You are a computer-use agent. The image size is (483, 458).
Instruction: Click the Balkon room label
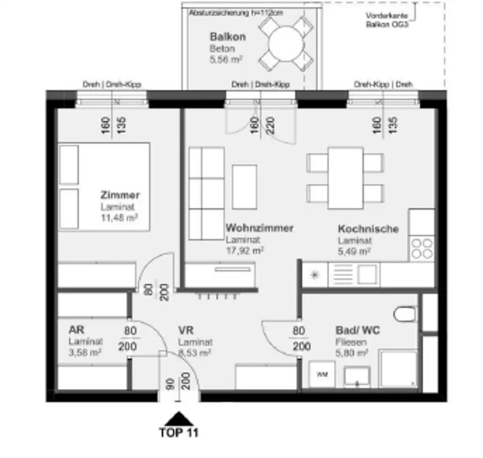(x=227, y=37)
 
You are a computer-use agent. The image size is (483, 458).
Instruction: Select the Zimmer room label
(x=120, y=195)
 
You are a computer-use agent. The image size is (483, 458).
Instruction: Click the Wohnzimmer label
(x=259, y=228)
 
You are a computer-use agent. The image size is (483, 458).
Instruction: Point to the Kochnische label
(x=368, y=229)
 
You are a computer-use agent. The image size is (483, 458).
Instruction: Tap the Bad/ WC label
(x=357, y=331)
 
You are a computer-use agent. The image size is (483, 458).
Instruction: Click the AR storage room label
(x=76, y=330)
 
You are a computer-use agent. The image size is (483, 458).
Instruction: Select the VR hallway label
(x=186, y=331)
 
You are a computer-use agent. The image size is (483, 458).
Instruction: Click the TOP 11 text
(x=179, y=433)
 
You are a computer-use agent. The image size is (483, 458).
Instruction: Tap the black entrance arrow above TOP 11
(x=179, y=418)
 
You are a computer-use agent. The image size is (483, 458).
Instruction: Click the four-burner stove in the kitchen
(x=422, y=248)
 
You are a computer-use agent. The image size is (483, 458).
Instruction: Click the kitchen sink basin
(x=367, y=273)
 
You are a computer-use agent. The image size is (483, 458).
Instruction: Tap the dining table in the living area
(x=345, y=178)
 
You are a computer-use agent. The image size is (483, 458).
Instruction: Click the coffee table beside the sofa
(x=244, y=187)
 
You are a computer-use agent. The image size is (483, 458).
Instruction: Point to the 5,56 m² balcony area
(x=226, y=59)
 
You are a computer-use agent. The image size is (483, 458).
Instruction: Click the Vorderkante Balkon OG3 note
(x=387, y=19)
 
